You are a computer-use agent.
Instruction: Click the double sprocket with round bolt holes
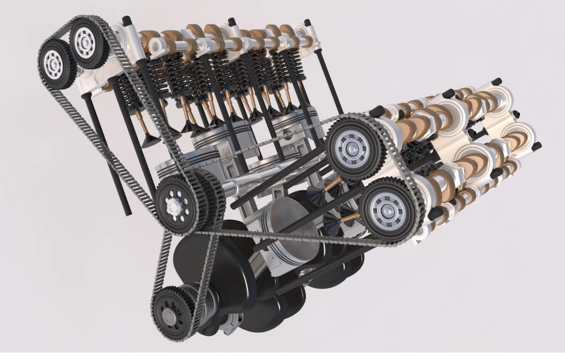[x=180, y=203]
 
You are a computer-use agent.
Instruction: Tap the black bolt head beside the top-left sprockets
[x=127, y=21]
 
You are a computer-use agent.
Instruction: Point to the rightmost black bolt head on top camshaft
[x=308, y=23]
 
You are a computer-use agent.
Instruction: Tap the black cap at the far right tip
[x=537, y=146]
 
